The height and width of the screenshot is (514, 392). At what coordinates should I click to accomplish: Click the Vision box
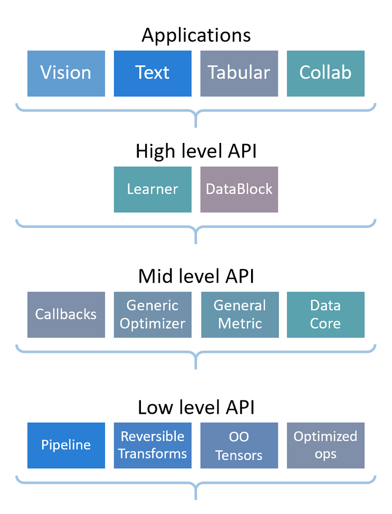66,73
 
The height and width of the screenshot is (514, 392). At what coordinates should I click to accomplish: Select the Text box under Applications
152,73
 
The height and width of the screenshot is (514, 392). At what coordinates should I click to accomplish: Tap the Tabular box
239,73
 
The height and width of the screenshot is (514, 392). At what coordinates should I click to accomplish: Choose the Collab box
325,73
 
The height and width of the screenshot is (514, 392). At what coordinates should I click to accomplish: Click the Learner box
152,189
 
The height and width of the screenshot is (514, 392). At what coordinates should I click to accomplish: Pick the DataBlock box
239,189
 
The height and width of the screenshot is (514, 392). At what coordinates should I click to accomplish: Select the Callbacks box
66,315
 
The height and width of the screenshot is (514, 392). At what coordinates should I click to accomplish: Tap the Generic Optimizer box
152,315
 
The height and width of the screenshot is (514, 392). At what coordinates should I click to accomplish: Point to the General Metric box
240,315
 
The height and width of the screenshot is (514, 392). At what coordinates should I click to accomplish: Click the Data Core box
325,315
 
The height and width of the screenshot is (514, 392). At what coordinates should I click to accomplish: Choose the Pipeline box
66,445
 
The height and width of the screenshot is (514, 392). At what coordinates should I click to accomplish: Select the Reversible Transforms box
152,445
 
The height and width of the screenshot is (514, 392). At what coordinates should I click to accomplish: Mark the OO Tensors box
239,445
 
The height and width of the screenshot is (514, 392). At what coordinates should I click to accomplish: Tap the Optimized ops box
325,445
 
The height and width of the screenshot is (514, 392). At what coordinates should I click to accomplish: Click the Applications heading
196,35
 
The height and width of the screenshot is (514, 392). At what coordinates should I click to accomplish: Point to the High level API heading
196,152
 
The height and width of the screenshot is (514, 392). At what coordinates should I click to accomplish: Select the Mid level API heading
196,277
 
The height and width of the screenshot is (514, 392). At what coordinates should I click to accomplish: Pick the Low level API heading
196,408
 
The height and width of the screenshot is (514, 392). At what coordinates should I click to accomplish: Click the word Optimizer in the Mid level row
152,324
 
